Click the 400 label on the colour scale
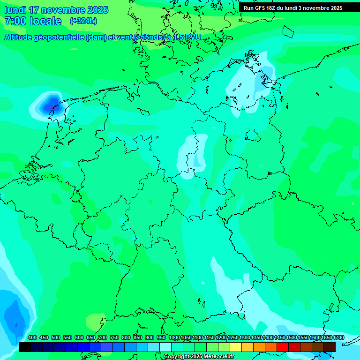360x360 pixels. (x=32, y=337)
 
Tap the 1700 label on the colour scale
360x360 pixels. (x=338, y=337)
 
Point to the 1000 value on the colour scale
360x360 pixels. (x=174, y=337)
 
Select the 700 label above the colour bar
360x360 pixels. (x=103, y=337)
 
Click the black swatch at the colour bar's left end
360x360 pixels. (x=25, y=347)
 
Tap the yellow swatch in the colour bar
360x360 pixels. (x=236, y=347)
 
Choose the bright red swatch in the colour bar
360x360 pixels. (x=283, y=347)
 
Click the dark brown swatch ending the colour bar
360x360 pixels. (x=330, y=347)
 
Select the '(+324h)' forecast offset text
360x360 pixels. (x=83, y=21)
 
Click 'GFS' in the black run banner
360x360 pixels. (x=259, y=8)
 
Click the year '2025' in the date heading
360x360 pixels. (x=97, y=10)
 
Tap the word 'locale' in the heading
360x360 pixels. (x=45, y=21)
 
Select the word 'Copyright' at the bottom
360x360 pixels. (x=176, y=357)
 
